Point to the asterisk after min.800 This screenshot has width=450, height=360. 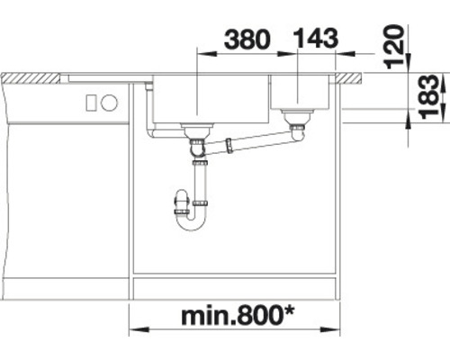[x=294, y=311]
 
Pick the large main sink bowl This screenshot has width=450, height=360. [x=209, y=99]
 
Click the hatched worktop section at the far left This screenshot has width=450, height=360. [x=31, y=79]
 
